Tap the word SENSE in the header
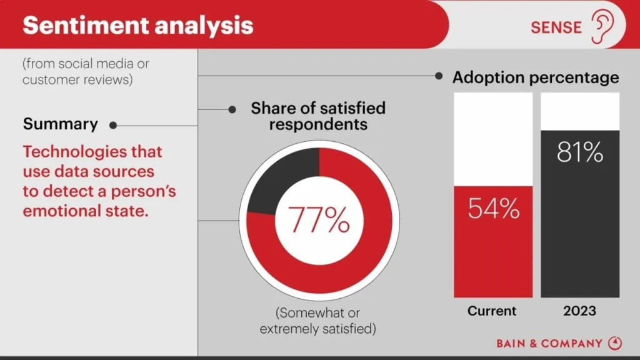point(556,27)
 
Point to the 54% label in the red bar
point(494,208)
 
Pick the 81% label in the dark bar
point(580,152)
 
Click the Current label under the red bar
point(492,311)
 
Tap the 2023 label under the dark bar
point(579,311)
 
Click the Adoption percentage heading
point(536,77)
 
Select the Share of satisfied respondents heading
point(318,116)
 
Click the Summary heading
point(61,124)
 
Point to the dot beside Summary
point(113,125)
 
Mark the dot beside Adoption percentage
point(439,76)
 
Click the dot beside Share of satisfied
point(232,109)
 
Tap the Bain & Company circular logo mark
point(615,343)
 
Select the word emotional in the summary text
point(55,211)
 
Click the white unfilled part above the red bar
point(493,139)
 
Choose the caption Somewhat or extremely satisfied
point(319,320)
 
